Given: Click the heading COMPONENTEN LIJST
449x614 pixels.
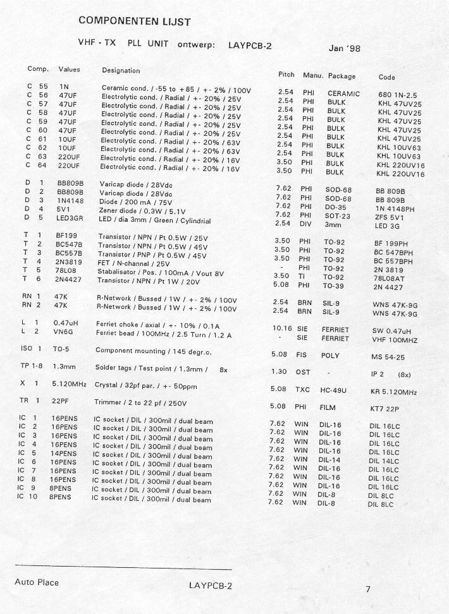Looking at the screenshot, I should pos(135,21).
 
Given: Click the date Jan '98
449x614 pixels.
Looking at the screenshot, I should pos(345,47).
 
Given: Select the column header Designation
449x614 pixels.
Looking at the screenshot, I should pos(121,70).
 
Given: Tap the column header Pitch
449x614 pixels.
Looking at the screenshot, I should pos(286,75).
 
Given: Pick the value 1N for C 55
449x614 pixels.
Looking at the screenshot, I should pos(64,86).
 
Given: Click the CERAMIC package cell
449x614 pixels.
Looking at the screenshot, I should pos(343,93).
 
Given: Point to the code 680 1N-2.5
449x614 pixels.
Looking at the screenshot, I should pos(398,95).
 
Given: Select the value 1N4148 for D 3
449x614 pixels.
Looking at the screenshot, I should pos(70,200).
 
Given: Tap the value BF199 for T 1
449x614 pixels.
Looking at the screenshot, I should pos(67,236).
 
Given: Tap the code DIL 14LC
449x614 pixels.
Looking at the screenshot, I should pos(384,461).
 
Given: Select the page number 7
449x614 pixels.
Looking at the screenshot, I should pos(368,589).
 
